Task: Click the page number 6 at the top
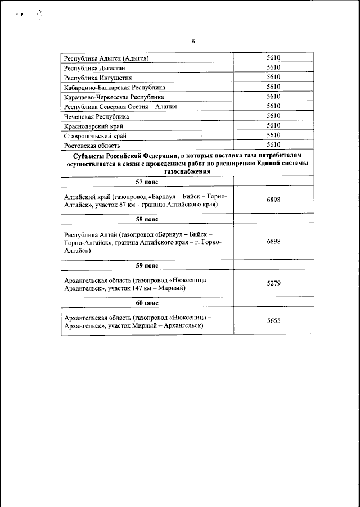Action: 193,42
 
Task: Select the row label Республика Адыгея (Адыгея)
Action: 106,58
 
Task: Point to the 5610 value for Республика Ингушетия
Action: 273,77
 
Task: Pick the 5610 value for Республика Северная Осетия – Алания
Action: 273,106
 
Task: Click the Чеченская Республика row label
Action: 97,116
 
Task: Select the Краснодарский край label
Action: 93,126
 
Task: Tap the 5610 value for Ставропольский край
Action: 273,135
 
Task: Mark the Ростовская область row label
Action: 92,145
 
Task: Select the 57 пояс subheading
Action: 147,182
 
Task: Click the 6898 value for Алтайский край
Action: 273,200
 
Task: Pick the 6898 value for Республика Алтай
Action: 273,241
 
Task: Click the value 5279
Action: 273,283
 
